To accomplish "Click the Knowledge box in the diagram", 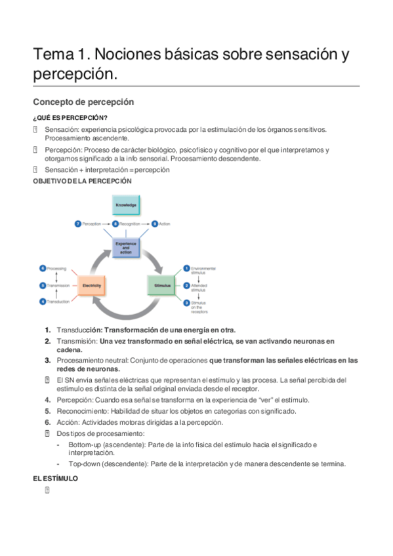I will [126, 205].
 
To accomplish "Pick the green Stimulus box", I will [162, 286].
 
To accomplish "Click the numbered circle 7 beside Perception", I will [78, 224].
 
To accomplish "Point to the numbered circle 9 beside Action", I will [155, 224].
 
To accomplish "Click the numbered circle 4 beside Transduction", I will [43, 302].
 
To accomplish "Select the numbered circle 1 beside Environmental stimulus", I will [186, 268].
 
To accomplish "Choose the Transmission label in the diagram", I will [58, 286].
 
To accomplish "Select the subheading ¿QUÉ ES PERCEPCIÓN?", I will [70, 117].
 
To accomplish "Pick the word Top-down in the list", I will [83, 464].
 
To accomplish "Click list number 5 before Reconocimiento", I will [48, 411].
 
